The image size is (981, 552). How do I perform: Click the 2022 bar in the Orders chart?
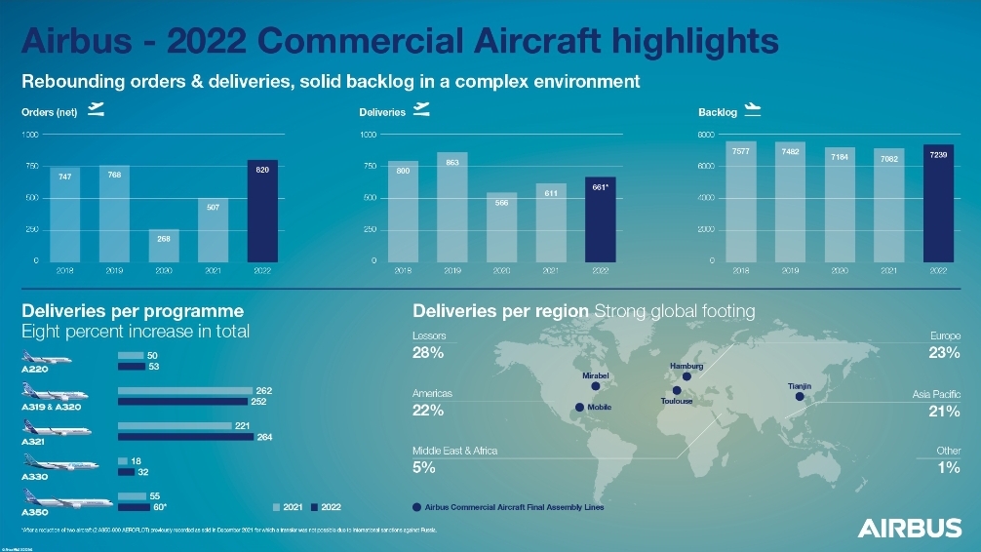[262, 211]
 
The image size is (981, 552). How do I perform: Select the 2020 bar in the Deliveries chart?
[502, 227]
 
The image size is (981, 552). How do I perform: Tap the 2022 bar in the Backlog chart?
[938, 203]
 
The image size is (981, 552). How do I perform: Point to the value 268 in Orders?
[164, 238]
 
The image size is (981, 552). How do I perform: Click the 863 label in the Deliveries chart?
[452, 162]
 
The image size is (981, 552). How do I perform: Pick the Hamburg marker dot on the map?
[687, 377]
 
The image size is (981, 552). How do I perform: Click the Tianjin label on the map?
[800, 387]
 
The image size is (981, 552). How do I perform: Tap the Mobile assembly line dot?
[579, 407]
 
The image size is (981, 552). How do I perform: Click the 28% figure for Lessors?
[429, 353]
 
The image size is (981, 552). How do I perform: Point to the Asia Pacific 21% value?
[946, 411]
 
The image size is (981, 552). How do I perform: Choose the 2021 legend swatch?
[277, 507]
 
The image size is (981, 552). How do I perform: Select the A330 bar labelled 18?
[123, 460]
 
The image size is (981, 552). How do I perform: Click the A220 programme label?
[35, 371]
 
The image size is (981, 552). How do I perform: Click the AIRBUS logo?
[909, 528]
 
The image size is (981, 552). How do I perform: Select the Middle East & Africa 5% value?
[424, 467]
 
